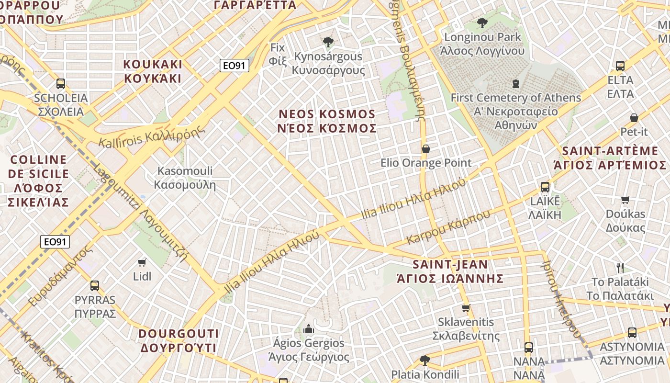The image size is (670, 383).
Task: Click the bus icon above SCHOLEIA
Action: [x=61, y=84]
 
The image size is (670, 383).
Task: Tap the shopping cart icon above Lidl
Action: [x=142, y=262]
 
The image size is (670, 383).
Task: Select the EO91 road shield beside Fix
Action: [x=234, y=66]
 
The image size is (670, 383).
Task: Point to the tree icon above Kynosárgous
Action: [x=328, y=42]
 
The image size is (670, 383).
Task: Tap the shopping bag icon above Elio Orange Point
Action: [x=425, y=149]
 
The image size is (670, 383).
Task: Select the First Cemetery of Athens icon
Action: [x=515, y=84]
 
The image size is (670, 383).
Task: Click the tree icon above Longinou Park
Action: [x=482, y=23]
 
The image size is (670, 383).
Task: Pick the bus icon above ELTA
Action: [x=620, y=66]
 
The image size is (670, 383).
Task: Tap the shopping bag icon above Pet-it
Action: [x=634, y=117]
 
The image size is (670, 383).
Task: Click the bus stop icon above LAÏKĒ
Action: [x=545, y=187]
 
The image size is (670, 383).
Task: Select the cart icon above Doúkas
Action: [x=625, y=200]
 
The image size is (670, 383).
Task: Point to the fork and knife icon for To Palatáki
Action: [x=620, y=268]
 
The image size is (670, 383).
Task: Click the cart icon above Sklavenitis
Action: [x=466, y=308]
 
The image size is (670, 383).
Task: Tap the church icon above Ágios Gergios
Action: [x=309, y=329]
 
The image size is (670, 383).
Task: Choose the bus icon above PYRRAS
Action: [x=95, y=286]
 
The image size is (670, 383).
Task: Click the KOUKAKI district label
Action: [x=153, y=71]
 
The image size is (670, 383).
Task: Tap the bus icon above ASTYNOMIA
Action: [x=632, y=333]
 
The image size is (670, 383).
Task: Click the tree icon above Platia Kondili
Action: [x=424, y=360]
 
